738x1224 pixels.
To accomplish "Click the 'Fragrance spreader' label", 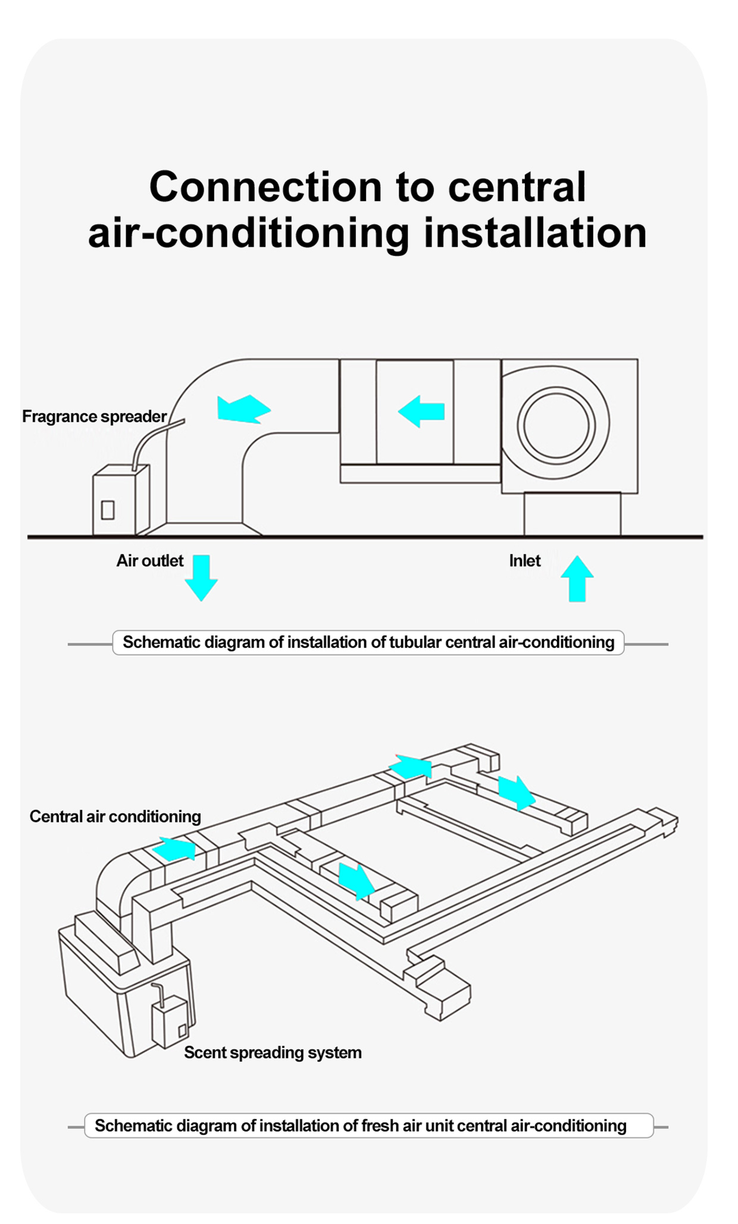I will pyautogui.click(x=94, y=416).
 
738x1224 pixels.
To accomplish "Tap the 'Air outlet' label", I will pyautogui.click(x=149, y=561).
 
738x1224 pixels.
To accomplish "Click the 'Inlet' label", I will pyautogui.click(x=524, y=561).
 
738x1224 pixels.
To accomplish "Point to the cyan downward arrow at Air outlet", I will pyautogui.click(x=201, y=578).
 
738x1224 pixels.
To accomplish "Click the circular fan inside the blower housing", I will pyautogui.click(x=556, y=425).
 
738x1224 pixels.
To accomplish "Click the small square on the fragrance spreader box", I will pyautogui.click(x=108, y=510).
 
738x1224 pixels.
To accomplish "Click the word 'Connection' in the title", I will pyautogui.click(x=265, y=187).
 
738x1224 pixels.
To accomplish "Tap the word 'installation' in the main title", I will pyautogui.click(x=535, y=233).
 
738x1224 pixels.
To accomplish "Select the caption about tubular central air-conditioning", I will pyautogui.click(x=368, y=643).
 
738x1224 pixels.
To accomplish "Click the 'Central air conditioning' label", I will pyautogui.click(x=115, y=817).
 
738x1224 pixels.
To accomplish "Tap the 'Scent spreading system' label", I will pyautogui.click(x=273, y=1053).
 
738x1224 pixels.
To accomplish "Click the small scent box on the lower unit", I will pyautogui.click(x=170, y=1022).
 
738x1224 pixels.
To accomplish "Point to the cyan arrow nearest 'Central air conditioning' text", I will pyautogui.click(x=175, y=849).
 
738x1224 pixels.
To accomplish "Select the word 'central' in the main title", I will pyautogui.click(x=517, y=187).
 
